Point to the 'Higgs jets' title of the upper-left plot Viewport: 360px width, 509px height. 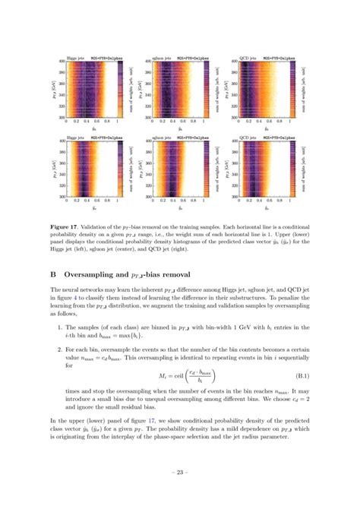(x=77, y=57)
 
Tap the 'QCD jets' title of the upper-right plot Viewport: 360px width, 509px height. (x=248, y=57)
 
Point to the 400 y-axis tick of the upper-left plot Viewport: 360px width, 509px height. (x=62, y=62)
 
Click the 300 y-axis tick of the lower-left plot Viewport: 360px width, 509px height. (x=62, y=198)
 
